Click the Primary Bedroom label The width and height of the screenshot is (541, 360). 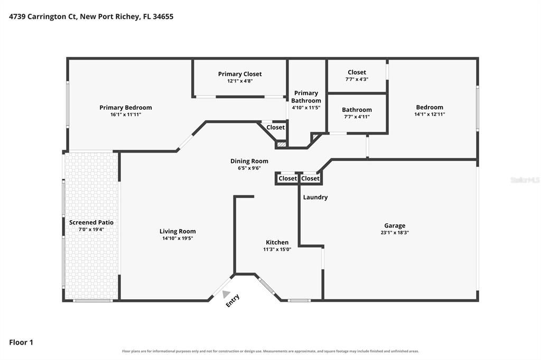(x=126, y=108)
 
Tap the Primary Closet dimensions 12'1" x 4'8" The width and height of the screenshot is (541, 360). (x=240, y=81)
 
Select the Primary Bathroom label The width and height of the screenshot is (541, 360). (x=306, y=97)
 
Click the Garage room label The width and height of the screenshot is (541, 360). (x=395, y=226)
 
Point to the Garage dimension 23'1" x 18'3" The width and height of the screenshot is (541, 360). (x=395, y=232)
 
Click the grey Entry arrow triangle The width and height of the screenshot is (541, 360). (x=226, y=294)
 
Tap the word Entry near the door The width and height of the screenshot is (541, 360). (x=232, y=300)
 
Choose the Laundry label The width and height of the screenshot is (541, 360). (x=315, y=197)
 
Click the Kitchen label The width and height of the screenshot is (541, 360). (x=277, y=242)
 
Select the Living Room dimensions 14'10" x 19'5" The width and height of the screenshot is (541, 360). (x=178, y=238)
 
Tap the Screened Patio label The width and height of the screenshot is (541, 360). (x=91, y=222)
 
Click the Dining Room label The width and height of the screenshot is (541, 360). (x=249, y=161)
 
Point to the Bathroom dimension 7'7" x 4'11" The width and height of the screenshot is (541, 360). (x=357, y=117)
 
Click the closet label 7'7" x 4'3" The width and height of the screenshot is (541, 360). (x=357, y=79)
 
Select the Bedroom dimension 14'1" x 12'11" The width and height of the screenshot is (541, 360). (x=430, y=114)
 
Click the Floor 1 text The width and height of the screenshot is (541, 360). (x=21, y=343)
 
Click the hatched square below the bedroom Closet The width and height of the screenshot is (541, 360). (x=282, y=145)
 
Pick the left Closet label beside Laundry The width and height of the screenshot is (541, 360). (x=287, y=178)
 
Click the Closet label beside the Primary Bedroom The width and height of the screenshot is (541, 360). (x=275, y=127)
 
